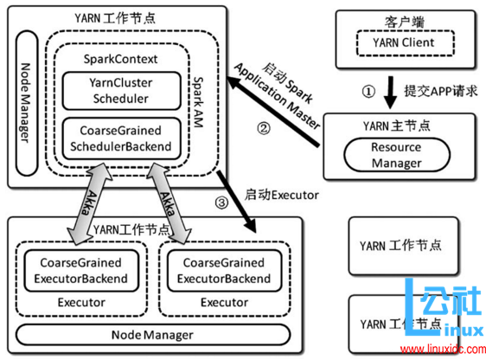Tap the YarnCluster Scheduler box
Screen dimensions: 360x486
(x=120, y=91)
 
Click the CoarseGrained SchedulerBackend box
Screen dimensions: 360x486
(x=120, y=139)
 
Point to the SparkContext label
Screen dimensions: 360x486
(x=120, y=60)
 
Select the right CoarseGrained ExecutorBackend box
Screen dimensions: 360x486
(x=218, y=270)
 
